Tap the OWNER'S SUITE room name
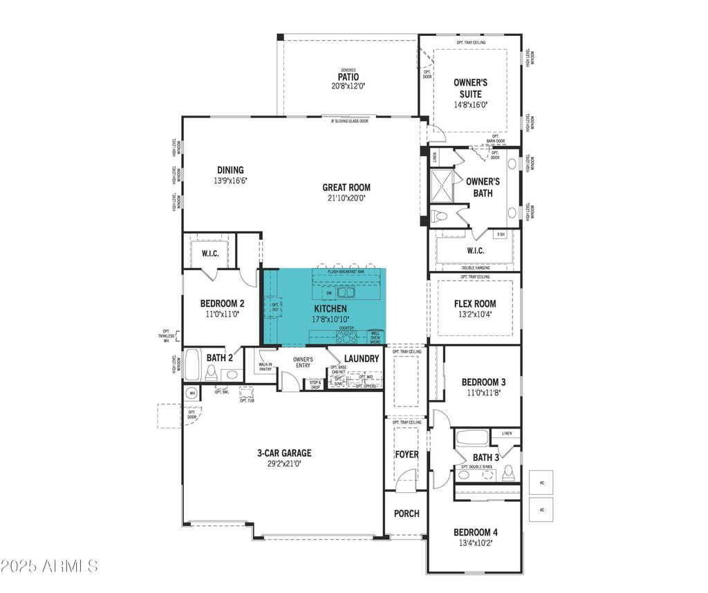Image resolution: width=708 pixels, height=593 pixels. pyautogui.click(x=470, y=88)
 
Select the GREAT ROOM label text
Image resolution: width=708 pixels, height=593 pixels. pyautogui.click(x=346, y=187)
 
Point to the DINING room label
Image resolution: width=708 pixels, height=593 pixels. pyautogui.click(x=230, y=170)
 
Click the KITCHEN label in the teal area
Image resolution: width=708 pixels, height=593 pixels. pyautogui.click(x=330, y=308)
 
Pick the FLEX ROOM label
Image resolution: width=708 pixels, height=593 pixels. pyautogui.click(x=474, y=303)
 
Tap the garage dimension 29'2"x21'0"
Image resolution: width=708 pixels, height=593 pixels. pyautogui.click(x=284, y=464)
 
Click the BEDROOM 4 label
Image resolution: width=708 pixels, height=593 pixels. pyautogui.click(x=475, y=532)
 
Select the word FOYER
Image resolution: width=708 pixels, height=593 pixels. pyautogui.click(x=407, y=454)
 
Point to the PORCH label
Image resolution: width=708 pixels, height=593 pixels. pyautogui.click(x=407, y=514)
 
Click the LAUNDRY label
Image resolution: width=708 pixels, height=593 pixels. pyautogui.click(x=361, y=358)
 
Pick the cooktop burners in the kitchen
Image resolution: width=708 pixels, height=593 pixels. pyautogui.click(x=346, y=337)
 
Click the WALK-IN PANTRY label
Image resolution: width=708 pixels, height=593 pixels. pyautogui.click(x=265, y=366)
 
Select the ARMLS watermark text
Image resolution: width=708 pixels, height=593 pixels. pyautogui.click(x=50, y=566)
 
